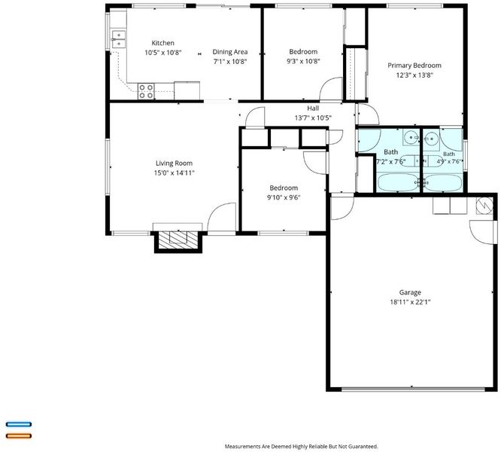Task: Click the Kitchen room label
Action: (x=163, y=43)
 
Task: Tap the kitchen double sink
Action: (x=119, y=39)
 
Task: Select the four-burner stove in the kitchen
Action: (x=146, y=91)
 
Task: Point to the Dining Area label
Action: (x=230, y=52)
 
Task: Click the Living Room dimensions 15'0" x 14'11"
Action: (x=174, y=173)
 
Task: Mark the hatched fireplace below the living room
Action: (x=178, y=239)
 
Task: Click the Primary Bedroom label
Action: (x=414, y=66)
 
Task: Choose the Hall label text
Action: (x=313, y=108)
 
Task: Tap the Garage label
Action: (x=410, y=292)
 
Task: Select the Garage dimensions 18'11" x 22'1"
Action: (x=410, y=302)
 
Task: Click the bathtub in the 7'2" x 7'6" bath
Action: (x=398, y=182)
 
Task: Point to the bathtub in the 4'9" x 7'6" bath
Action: (x=443, y=183)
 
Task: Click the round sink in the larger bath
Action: (x=411, y=138)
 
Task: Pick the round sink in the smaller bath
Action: (x=431, y=139)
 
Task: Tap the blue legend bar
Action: (x=19, y=424)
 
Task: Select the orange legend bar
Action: (x=19, y=435)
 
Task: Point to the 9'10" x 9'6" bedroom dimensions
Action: (x=284, y=197)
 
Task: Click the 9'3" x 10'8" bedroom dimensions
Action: (x=303, y=62)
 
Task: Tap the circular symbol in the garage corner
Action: (x=484, y=206)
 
